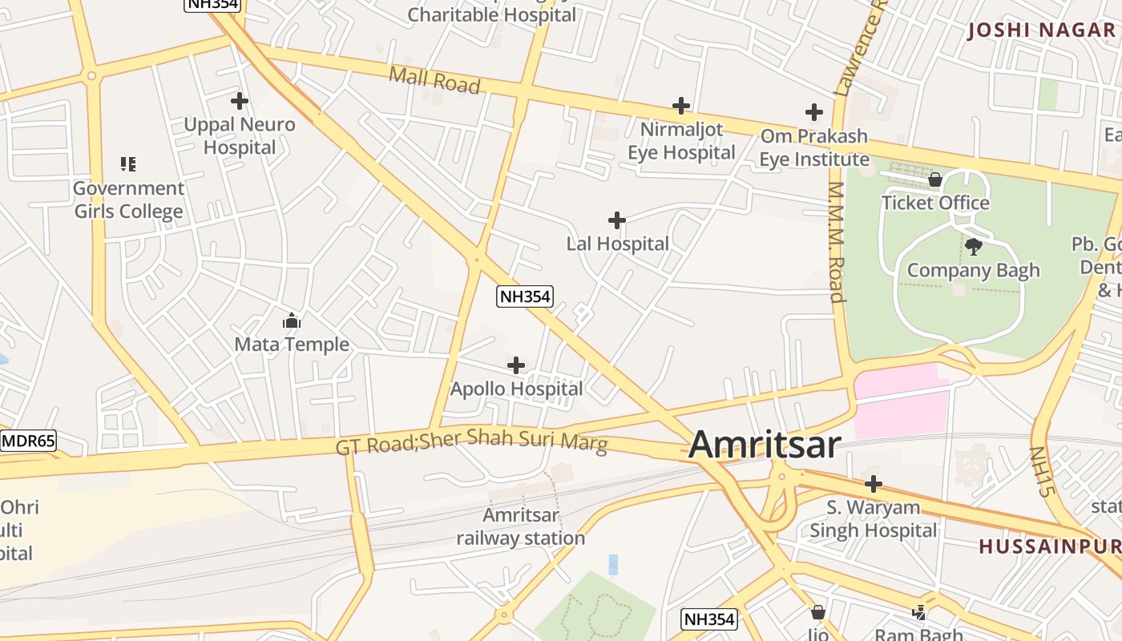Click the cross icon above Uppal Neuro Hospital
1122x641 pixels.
tap(239, 101)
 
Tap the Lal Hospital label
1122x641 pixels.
tap(617, 244)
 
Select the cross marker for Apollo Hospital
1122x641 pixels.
tap(516, 365)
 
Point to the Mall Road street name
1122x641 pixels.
tap(434, 79)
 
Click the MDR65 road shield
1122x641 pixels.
tap(28, 441)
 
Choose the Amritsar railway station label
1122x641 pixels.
tap(521, 526)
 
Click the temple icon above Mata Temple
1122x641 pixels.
tap(292, 321)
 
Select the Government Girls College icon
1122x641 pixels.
tap(128, 164)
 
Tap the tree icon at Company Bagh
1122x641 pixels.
tap(974, 246)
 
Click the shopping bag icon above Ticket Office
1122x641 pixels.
tap(934, 179)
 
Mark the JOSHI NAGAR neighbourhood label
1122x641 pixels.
tap(1041, 30)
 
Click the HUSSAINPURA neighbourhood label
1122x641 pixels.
tap(1050, 546)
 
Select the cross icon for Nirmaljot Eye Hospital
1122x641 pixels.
tap(680, 105)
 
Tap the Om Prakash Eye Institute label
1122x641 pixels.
tap(813, 147)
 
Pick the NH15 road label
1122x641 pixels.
tap(1039, 471)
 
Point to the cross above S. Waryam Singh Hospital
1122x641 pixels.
tap(874, 484)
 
